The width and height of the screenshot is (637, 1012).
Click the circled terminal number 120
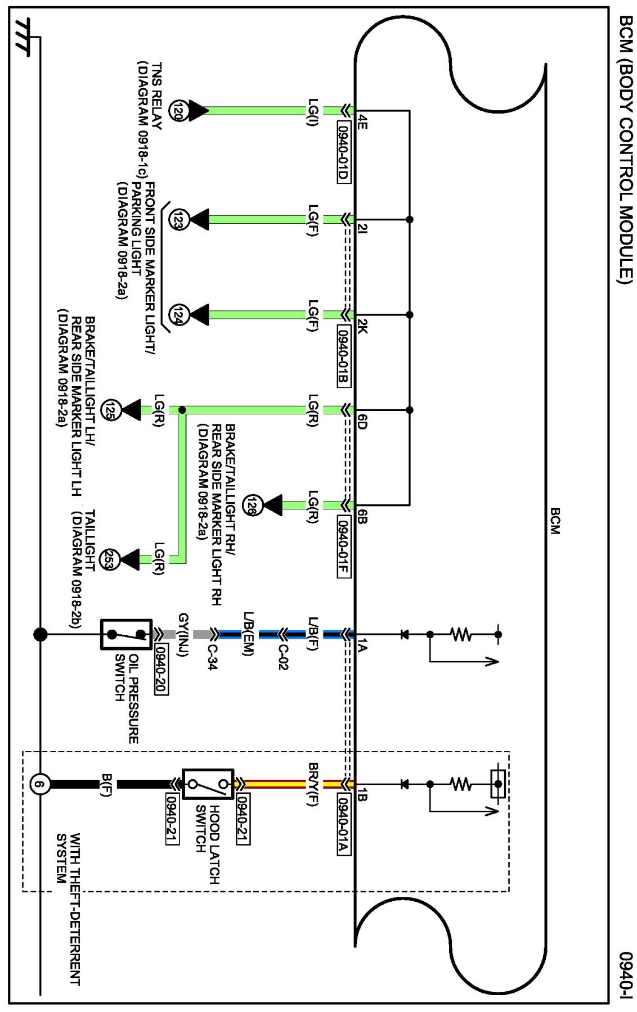(179, 111)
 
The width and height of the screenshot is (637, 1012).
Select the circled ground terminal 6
(39, 784)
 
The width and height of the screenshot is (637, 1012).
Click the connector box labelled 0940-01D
(343, 151)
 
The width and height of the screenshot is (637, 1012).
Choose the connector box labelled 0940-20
(161, 670)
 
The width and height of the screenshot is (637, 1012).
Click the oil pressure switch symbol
(126, 635)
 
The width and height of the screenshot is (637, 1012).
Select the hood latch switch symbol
(208, 784)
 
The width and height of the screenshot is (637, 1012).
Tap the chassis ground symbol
(24, 38)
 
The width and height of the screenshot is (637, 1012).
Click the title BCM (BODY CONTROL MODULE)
(626, 149)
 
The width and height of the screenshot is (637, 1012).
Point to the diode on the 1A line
(404, 635)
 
